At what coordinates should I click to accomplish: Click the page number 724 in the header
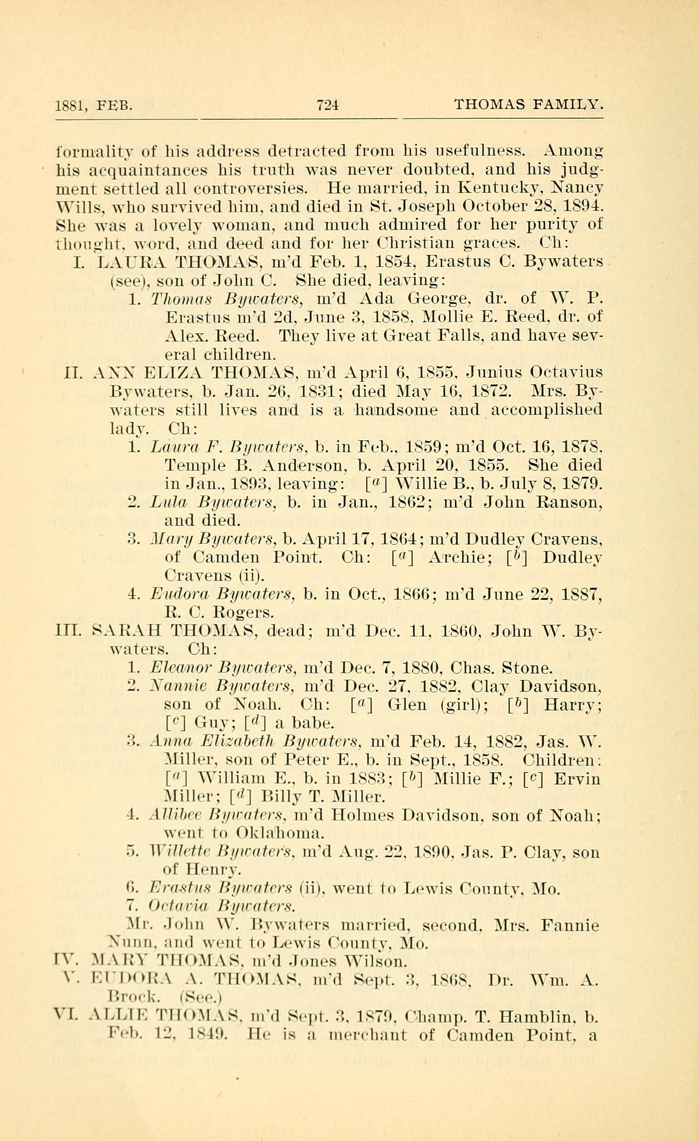pyautogui.click(x=328, y=105)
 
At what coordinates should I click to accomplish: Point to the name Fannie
pyautogui.click(x=570, y=926)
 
